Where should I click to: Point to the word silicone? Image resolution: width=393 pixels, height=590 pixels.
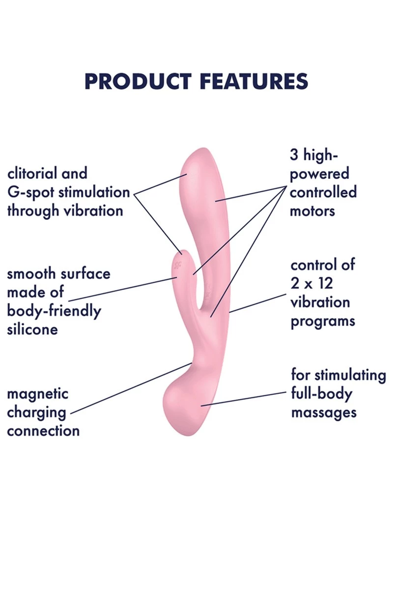(32, 329)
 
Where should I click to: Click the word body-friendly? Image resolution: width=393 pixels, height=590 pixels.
(54, 311)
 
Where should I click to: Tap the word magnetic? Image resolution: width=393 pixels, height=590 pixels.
(37, 394)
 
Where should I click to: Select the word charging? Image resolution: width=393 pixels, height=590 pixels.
(36, 412)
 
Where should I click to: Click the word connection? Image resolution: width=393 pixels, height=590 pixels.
(43, 431)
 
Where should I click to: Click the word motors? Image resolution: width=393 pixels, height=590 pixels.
(312, 211)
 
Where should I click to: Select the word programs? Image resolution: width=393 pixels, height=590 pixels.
(323, 322)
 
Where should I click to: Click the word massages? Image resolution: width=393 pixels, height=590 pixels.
(324, 412)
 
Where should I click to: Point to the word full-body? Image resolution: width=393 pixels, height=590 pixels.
(322, 394)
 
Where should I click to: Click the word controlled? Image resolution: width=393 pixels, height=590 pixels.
(323, 192)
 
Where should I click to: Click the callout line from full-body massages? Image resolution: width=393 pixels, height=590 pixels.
(246, 398)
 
